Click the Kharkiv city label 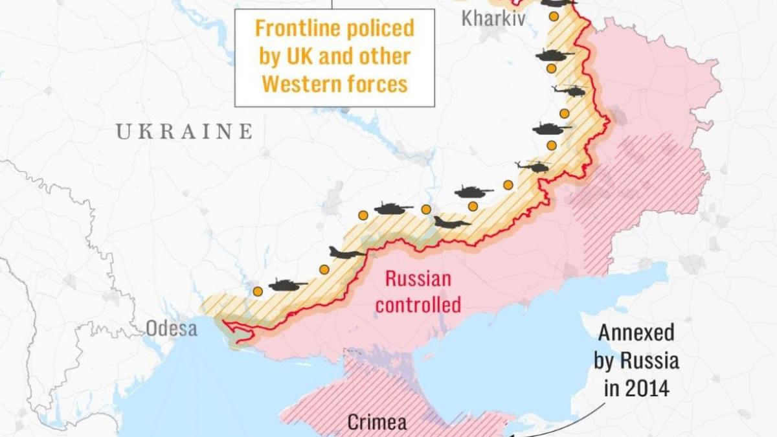click(x=493, y=19)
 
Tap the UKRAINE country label click(x=184, y=132)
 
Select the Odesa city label click(x=171, y=328)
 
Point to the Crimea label click(x=377, y=423)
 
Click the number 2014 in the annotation click(x=647, y=388)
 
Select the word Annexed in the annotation click(x=636, y=333)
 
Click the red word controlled click(x=418, y=304)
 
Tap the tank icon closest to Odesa click(x=287, y=284)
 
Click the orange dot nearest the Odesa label click(x=258, y=291)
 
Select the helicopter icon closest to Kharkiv click(x=569, y=91)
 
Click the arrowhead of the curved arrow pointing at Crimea click(x=515, y=433)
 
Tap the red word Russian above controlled click(x=418, y=279)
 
